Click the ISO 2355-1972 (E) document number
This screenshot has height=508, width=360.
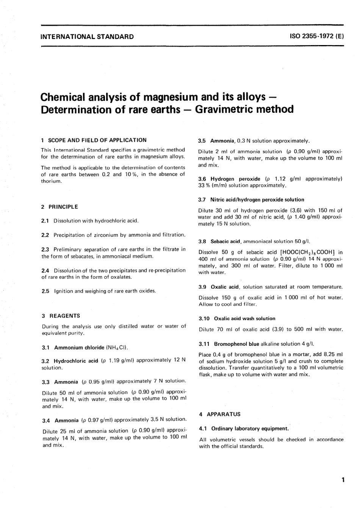pos(316,37)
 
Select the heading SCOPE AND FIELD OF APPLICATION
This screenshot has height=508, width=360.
pos(96,140)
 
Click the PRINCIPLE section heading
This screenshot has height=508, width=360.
pos(63,207)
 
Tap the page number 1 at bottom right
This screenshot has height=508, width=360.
pos(343,481)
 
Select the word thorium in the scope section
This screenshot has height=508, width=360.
pos(51,181)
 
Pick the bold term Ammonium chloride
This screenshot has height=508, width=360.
pos(79,347)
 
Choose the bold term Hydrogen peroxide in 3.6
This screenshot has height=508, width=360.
pos(235,179)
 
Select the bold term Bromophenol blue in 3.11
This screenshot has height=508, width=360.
pos(236,344)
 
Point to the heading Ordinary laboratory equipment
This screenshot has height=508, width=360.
pos(250,429)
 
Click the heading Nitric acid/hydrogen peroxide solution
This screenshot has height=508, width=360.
pos(257,200)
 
